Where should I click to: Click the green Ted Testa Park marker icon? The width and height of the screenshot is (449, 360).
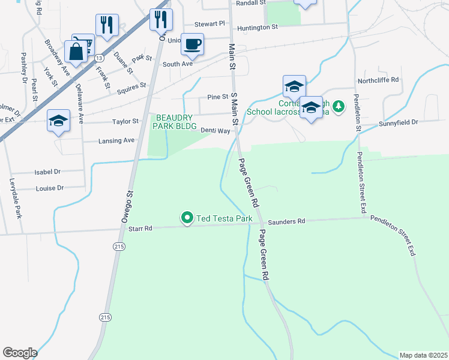[187, 218]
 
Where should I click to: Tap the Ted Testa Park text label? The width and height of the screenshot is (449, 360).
[223, 218]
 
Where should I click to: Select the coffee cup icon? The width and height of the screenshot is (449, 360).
[192, 44]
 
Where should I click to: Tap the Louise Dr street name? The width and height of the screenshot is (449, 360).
[49, 188]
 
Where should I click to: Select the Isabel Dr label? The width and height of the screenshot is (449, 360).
[48, 172]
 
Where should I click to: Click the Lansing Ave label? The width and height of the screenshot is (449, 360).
[117, 140]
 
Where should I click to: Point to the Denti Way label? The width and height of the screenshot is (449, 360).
[215, 130]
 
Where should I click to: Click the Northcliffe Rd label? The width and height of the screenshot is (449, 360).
[378, 80]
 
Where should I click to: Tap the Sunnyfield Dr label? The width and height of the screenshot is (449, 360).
[398, 122]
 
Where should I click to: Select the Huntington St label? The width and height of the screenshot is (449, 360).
[258, 28]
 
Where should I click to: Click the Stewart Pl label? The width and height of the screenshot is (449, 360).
[209, 24]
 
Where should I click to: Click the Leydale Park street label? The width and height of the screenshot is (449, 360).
[17, 199]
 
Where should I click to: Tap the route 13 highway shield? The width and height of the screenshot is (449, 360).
[98, 57]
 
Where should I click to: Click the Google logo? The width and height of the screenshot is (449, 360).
[20, 353]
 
